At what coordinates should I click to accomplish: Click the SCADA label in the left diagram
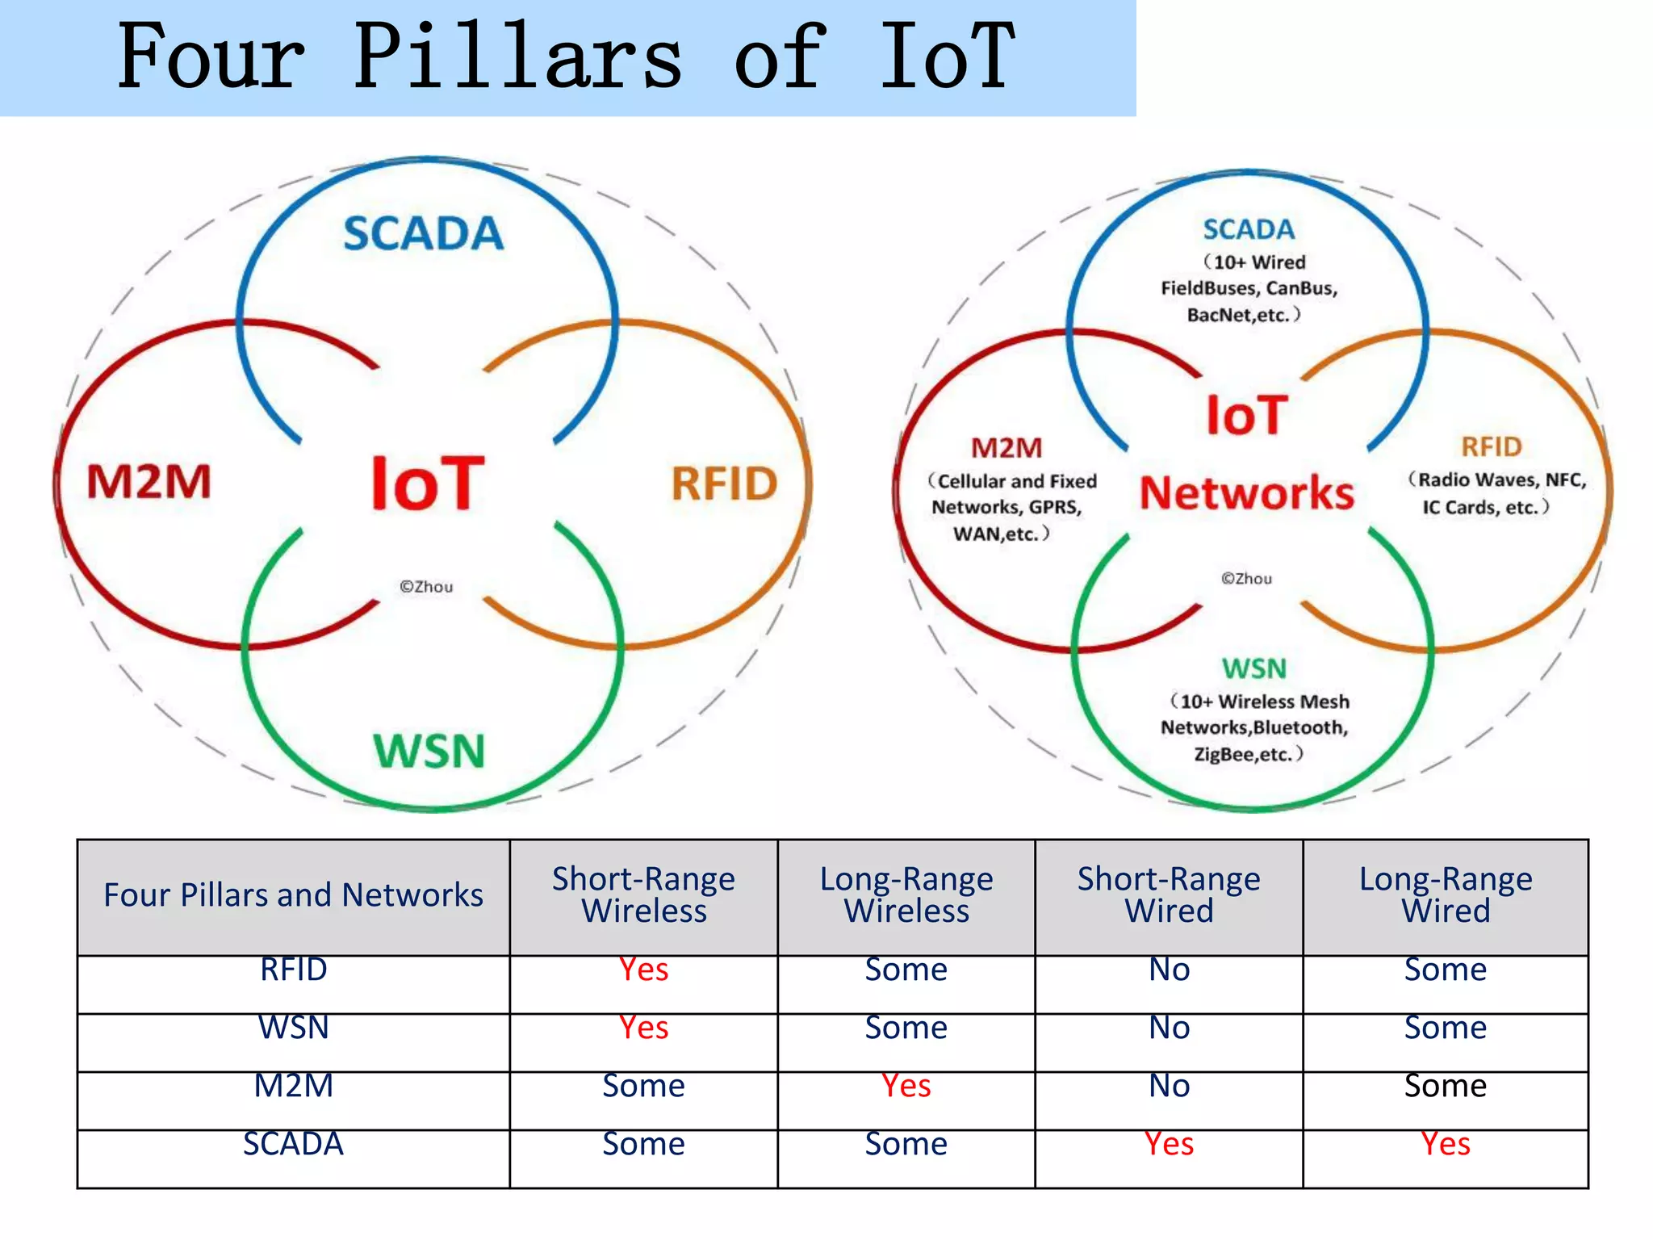(423, 234)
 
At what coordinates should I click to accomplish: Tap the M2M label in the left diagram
(149, 482)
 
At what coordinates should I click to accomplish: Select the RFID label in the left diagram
(724, 484)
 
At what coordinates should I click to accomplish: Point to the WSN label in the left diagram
(429, 751)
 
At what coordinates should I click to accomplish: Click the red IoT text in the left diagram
(427, 484)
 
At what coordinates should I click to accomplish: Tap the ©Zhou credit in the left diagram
(426, 587)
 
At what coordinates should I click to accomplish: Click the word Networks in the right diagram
(1246, 493)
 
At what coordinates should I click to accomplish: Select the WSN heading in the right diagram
(1253, 668)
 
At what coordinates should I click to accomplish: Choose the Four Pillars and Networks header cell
(293, 895)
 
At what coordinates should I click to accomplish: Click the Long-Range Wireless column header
(906, 894)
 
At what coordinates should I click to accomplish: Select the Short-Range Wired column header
(1168, 894)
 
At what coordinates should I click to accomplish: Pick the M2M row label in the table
(293, 1086)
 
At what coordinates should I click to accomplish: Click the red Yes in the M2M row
(906, 1086)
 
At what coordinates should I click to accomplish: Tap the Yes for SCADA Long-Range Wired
(1445, 1144)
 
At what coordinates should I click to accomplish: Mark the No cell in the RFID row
(1169, 970)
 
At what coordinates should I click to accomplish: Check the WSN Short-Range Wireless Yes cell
(643, 1028)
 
